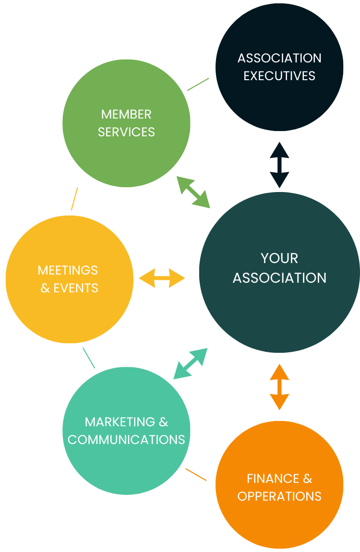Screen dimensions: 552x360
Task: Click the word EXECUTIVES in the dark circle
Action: tap(279, 76)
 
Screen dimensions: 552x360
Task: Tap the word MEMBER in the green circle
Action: tap(126, 114)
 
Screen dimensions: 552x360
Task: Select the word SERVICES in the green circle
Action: tap(126, 132)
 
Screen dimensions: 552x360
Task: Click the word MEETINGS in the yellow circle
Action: tap(68, 270)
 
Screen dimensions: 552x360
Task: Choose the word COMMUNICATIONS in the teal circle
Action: tap(126, 440)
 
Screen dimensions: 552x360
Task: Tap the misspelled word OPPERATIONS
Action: tap(279, 496)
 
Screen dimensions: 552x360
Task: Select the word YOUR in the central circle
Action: tap(279, 258)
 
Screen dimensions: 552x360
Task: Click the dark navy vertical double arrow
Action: tap(279, 165)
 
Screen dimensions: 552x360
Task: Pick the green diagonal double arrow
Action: tap(193, 192)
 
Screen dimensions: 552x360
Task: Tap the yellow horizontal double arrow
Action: tap(162, 278)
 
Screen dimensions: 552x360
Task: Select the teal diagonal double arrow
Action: tap(191, 363)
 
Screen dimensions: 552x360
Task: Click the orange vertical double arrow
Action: tap(279, 387)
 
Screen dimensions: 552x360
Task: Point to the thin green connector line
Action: tap(198, 84)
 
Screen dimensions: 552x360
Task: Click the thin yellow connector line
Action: tap(74, 199)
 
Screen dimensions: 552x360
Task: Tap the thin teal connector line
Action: tap(89, 358)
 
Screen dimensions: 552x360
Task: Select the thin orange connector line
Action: tap(196, 474)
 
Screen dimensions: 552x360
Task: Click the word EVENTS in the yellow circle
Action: tap(76, 288)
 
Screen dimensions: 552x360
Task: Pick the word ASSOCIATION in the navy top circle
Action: tap(279, 58)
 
